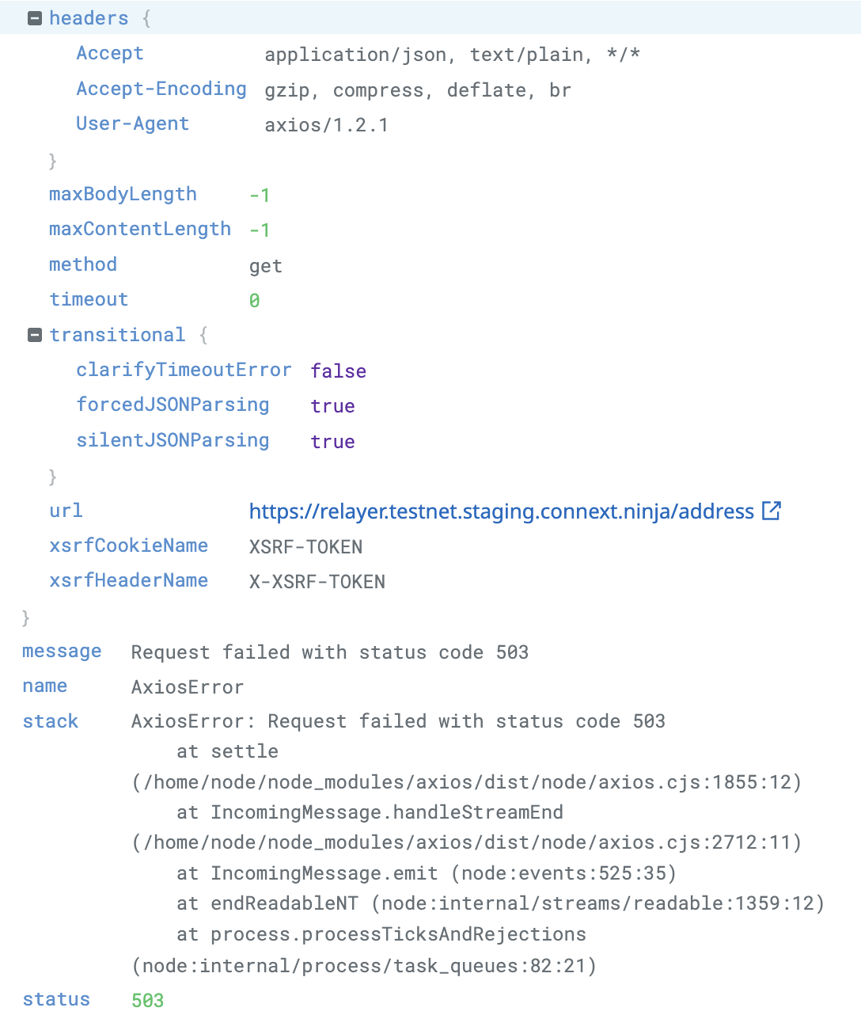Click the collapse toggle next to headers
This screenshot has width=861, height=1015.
35,18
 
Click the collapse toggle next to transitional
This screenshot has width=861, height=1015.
35,335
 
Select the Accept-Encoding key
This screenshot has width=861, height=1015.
161,89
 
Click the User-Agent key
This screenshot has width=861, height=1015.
132,124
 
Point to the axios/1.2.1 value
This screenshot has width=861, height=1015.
326,125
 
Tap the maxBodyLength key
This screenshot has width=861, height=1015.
123,194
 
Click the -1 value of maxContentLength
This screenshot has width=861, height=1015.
260,230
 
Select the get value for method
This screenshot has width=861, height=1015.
265,266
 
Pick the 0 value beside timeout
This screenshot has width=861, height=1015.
254,301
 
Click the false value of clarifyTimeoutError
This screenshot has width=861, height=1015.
338,371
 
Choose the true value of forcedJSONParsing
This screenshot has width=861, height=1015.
332,406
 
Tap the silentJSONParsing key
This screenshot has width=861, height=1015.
173,440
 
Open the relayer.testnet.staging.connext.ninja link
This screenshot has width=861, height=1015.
501,511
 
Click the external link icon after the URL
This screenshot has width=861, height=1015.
771,511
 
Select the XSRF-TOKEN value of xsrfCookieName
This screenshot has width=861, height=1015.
305,547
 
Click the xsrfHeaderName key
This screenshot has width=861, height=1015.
128,580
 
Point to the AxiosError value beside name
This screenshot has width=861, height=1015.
188,687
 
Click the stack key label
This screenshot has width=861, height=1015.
51,721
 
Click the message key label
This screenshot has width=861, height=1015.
62,652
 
